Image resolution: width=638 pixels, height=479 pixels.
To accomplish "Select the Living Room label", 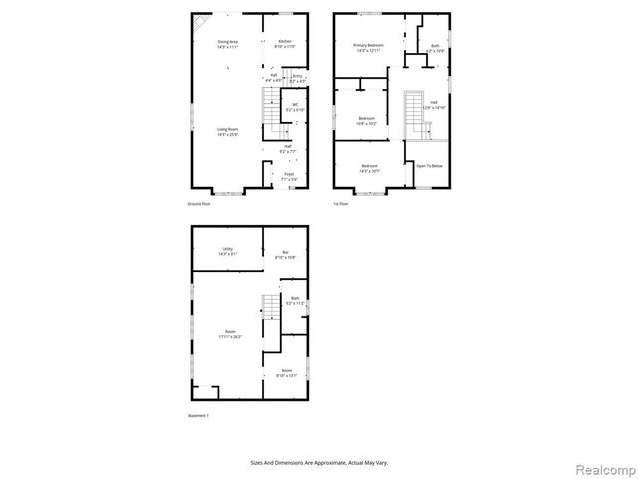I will pyautogui.click(x=227, y=131).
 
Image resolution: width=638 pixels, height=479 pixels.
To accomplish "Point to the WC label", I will pyautogui.click(x=295, y=106).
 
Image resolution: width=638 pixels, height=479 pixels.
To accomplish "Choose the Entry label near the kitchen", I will pyautogui.click(x=296, y=77).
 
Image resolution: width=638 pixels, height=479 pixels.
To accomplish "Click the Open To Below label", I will pyautogui.click(x=429, y=166).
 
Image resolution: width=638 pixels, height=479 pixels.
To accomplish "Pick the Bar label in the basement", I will pyautogui.click(x=285, y=254).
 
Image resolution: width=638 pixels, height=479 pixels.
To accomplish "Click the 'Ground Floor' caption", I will pyautogui.click(x=199, y=203).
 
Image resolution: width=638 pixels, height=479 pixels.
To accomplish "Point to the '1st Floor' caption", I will pyautogui.click(x=341, y=203).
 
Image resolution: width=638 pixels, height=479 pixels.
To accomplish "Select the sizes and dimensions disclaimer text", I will pyautogui.click(x=319, y=462).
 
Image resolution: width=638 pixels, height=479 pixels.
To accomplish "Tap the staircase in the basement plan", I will pyautogui.click(x=271, y=308).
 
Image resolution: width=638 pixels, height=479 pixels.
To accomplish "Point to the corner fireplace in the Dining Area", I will pyautogui.click(x=202, y=21).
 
